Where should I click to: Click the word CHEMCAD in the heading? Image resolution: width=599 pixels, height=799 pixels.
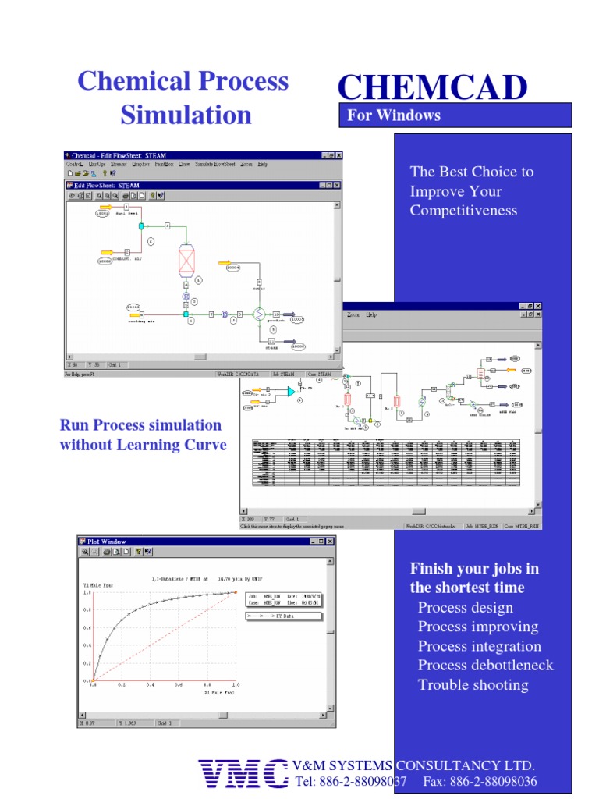tap(432, 87)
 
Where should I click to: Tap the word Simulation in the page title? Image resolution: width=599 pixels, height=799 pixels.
tap(186, 115)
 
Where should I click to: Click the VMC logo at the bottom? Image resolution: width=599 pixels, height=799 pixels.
tap(243, 773)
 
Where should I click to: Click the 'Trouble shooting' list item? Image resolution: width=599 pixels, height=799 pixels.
tap(473, 685)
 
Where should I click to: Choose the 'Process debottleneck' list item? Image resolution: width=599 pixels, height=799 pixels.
tap(485, 666)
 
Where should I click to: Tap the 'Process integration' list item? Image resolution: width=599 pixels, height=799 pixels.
tap(479, 646)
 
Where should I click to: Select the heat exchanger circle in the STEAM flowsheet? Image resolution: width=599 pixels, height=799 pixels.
tap(258, 314)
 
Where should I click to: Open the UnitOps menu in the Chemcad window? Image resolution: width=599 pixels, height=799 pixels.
tap(97, 165)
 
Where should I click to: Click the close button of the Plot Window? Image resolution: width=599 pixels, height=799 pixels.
tap(330, 541)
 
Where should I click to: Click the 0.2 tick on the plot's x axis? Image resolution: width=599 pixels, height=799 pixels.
tap(121, 685)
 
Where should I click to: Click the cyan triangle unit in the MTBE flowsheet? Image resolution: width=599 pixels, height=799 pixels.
tap(291, 391)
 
